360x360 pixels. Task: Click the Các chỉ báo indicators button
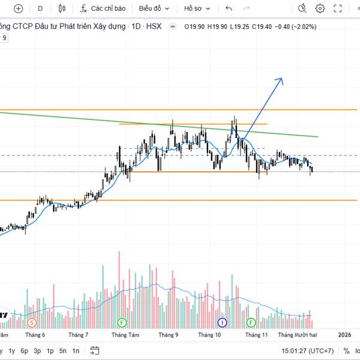click(x=103, y=8)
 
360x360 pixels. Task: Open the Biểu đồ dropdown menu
click(x=154, y=8)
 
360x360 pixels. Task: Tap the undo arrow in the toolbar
click(x=229, y=8)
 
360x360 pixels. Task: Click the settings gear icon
click(x=320, y=8)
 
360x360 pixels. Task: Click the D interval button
click(x=40, y=8)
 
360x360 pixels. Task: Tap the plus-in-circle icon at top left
click(x=18, y=8)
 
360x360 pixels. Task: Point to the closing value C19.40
click(x=262, y=26)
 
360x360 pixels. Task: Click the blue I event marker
click(x=222, y=322)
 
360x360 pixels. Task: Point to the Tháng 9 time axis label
click(x=168, y=335)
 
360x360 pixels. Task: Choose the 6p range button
click(x=24, y=350)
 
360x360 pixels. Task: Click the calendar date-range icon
click(x=94, y=350)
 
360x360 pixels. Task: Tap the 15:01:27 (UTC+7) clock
click(x=308, y=350)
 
